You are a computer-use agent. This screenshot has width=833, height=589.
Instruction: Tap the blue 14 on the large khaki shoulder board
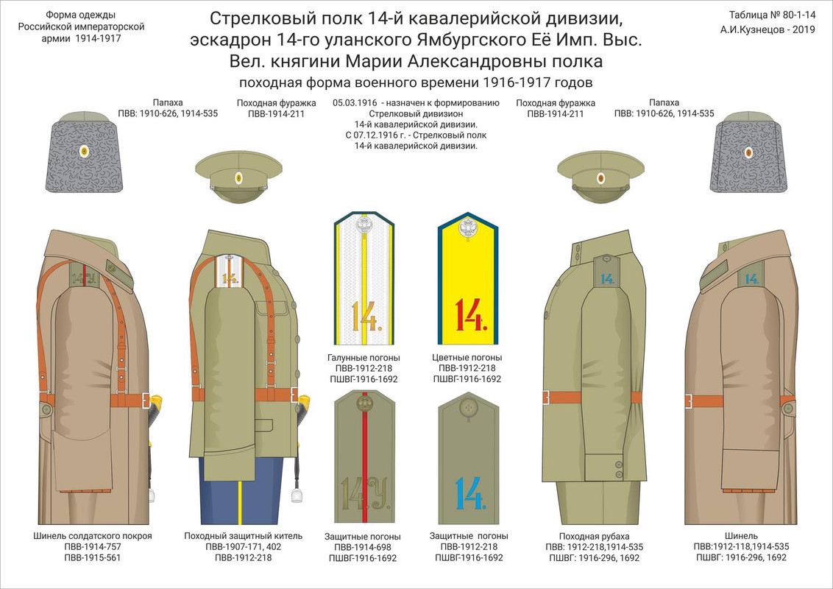click(x=469, y=493)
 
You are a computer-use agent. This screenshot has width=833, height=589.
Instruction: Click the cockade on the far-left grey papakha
click(x=84, y=152)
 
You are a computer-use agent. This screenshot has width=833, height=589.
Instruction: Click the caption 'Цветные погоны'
click(x=470, y=358)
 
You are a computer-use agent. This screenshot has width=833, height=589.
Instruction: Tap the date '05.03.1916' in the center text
click(x=355, y=103)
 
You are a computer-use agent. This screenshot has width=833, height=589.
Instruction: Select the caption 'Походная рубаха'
click(x=594, y=535)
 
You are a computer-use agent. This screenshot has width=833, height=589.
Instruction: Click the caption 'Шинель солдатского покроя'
click(x=93, y=535)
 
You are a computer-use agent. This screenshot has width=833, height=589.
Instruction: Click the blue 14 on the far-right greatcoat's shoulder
click(x=751, y=278)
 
